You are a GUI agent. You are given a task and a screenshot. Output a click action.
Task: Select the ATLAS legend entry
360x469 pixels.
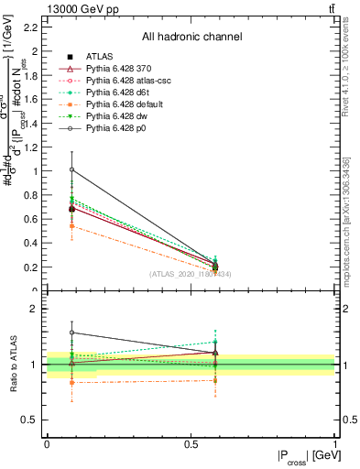click(x=103, y=58)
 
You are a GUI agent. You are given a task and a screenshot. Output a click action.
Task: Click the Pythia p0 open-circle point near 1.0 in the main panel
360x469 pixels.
click(x=72, y=169)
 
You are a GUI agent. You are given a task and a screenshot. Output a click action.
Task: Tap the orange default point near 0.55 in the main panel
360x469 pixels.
click(x=72, y=224)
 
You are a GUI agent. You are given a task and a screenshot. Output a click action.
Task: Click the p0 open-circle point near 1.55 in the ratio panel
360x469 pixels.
click(x=72, y=333)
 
